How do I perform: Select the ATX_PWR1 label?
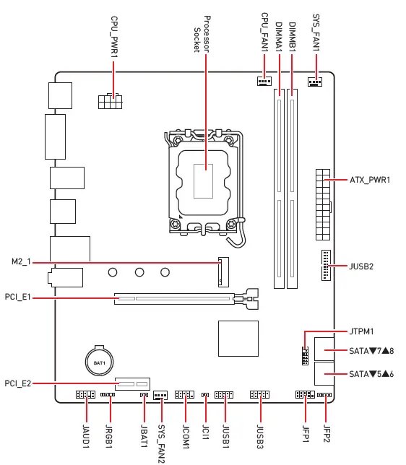pos(370,179)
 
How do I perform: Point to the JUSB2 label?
pos(361,266)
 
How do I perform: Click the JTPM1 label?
pos(361,331)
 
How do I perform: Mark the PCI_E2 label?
pos(18,383)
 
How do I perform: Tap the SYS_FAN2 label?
pos(161,442)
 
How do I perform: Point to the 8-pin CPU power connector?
pos(111,101)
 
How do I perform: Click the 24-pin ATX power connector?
pos(322,204)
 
